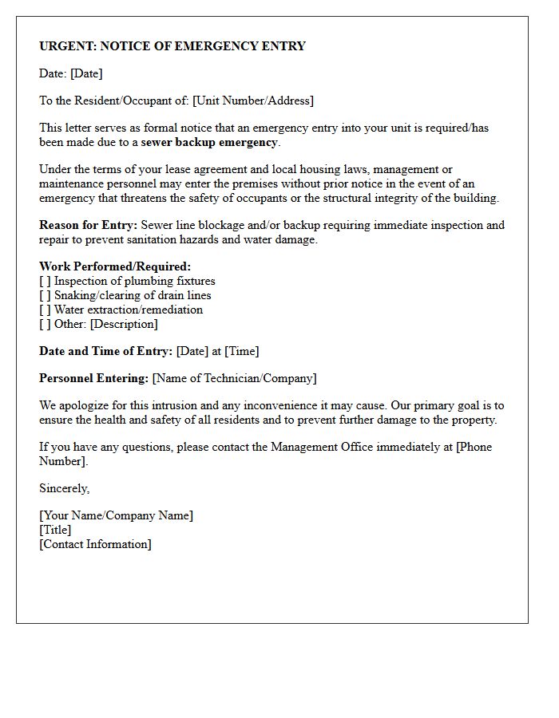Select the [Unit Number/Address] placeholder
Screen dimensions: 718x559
click(x=253, y=101)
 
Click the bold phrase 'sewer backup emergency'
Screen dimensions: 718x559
click(x=209, y=142)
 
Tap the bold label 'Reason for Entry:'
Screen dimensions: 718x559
click(x=89, y=225)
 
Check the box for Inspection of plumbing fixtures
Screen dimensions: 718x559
click(x=45, y=281)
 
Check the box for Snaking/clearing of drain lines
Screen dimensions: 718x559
click(x=45, y=295)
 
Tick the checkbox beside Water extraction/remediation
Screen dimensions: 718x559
click(x=45, y=310)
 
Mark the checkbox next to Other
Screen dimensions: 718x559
click(x=45, y=324)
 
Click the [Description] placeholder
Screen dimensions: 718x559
click(x=125, y=324)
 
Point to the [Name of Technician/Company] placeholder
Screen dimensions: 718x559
click(x=235, y=378)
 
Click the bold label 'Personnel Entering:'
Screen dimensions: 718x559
click(x=94, y=378)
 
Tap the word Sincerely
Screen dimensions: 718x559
click(x=64, y=488)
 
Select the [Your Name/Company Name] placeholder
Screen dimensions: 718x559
click(x=116, y=515)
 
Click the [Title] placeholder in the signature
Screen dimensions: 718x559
click(x=55, y=530)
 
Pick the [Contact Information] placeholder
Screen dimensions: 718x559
click(x=95, y=544)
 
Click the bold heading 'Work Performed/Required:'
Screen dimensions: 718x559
click(x=115, y=266)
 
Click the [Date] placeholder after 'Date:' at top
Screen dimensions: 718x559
click(x=86, y=73)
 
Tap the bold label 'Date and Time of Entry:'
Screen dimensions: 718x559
click(x=105, y=351)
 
